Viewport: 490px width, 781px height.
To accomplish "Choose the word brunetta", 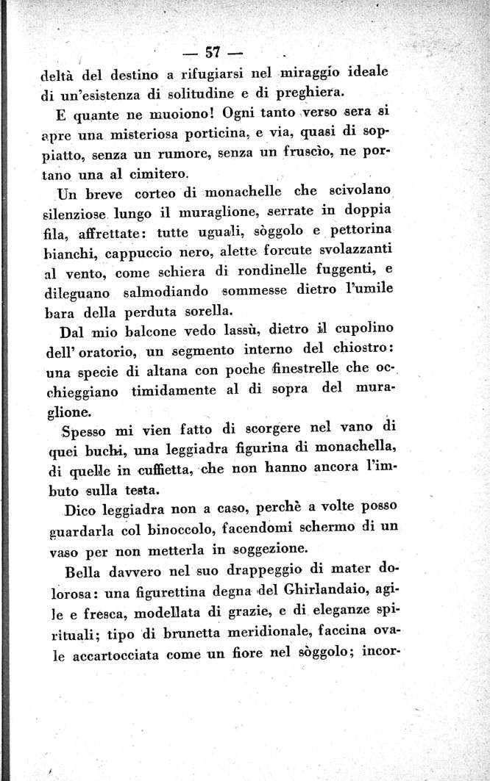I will (192, 632).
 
